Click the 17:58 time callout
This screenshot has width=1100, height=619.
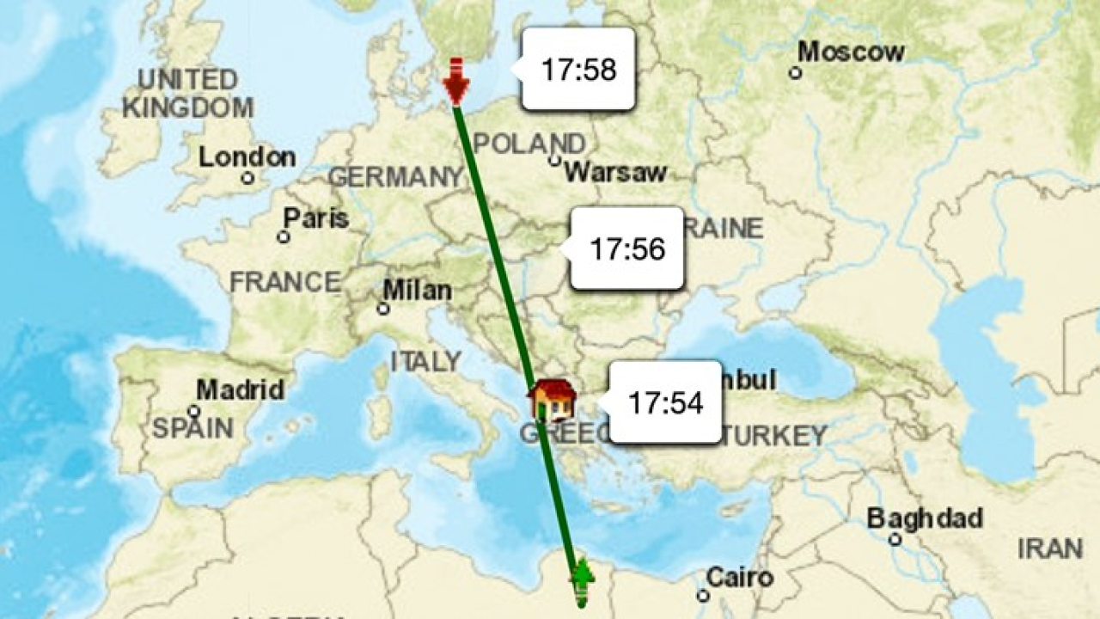578,69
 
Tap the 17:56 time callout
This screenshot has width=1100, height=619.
626,248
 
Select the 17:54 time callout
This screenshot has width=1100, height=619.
665,402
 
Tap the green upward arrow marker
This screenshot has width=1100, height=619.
583,580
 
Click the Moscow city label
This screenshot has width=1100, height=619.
851,52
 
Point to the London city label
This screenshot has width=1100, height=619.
247,158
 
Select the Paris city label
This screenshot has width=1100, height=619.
316,218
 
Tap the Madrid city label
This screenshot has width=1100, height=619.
240,389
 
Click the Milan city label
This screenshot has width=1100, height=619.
417,291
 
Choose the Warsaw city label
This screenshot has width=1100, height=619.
615,172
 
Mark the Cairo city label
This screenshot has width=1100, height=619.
740,577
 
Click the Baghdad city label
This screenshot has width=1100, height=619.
924,518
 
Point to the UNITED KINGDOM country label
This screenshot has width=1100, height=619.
187,94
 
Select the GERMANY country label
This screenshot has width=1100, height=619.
396,177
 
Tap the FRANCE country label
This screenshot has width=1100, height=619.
285,282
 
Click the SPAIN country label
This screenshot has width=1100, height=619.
192,427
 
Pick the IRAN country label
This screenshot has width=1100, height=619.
1049,548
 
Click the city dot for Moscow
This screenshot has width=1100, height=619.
796,73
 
